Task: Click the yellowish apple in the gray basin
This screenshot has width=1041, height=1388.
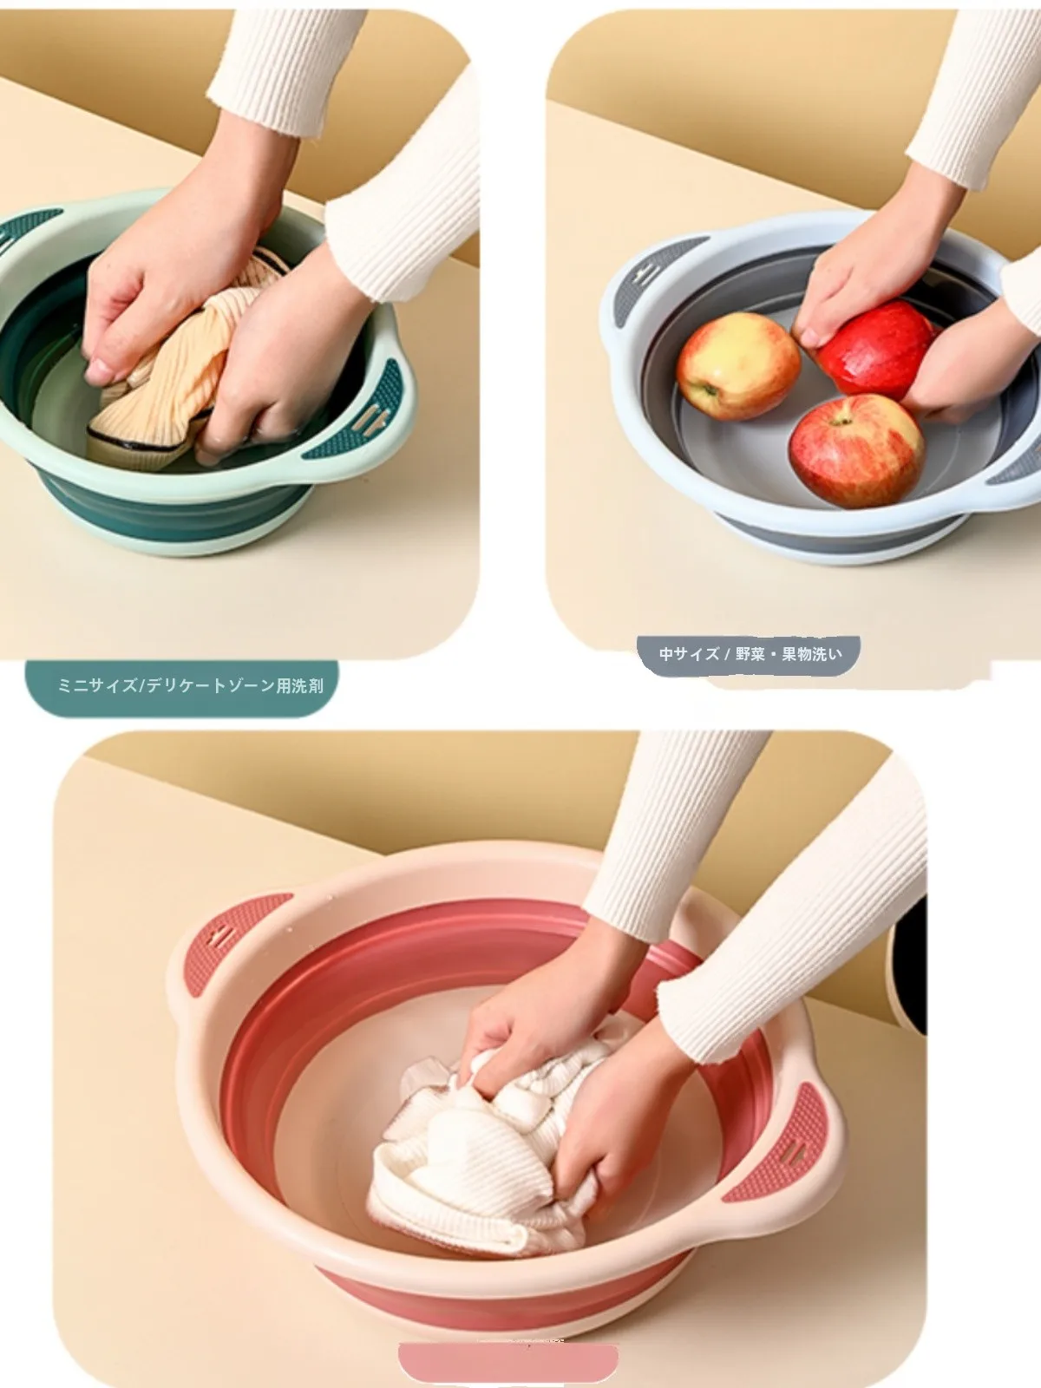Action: coord(737,365)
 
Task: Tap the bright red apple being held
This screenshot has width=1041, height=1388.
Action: coord(875,350)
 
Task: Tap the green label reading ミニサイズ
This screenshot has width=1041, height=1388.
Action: coord(182,687)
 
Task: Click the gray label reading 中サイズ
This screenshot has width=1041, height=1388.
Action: coord(749,654)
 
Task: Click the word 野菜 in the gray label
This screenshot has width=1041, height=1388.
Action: coord(750,654)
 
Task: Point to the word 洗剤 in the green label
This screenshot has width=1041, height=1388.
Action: coord(308,687)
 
